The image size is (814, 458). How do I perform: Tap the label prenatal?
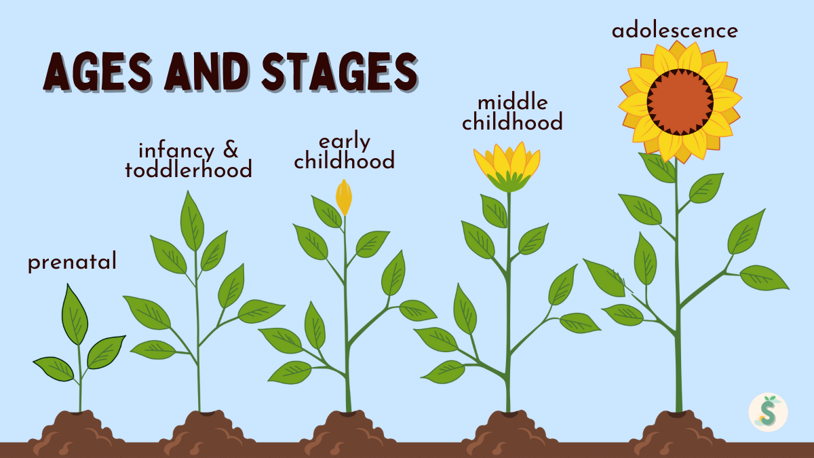(72, 263)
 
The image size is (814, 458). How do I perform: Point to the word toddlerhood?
(189, 170)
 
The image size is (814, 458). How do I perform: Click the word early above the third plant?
(345, 142)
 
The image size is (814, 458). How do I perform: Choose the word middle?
(512, 102)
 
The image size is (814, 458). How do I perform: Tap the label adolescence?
(674, 31)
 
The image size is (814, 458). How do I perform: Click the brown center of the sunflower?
(679, 102)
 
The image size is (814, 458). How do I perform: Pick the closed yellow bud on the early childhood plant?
(344, 197)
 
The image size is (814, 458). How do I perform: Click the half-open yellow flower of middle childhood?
(507, 167)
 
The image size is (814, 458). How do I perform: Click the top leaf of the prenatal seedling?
(75, 314)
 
